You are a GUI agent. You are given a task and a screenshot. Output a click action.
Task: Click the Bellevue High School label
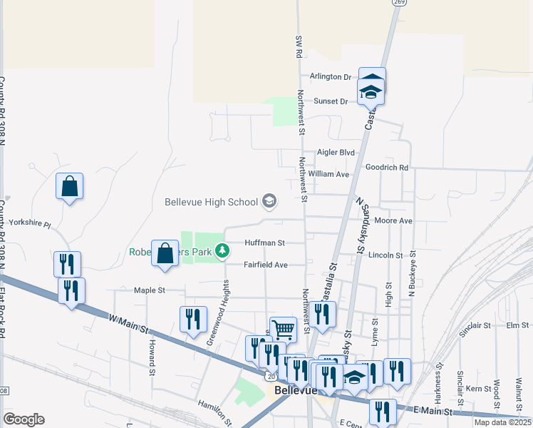pyautogui.click(x=211, y=202)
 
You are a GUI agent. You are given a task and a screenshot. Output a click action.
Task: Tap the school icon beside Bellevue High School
pyautogui.click(x=269, y=202)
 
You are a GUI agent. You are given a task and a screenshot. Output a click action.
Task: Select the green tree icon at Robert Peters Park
pyautogui.click(x=223, y=251)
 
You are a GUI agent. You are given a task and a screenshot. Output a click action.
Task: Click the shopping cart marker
pyautogui.click(x=283, y=329)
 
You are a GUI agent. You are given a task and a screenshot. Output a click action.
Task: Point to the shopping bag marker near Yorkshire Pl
pyautogui.click(x=69, y=187)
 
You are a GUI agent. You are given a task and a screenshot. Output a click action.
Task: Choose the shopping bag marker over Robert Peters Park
pyautogui.click(x=165, y=253)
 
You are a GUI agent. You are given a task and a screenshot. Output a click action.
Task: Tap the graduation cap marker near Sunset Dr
pyautogui.click(x=371, y=91)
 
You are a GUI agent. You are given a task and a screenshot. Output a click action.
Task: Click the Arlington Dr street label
pyautogui.click(x=331, y=77)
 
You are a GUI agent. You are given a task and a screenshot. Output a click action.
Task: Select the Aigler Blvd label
pyautogui.click(x=336, y=153)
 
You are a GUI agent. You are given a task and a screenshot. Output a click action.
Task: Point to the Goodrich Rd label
pyautogui.click(x=386, y=168)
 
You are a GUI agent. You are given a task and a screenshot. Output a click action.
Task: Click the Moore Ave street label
pyautogui.click(x=393, y=221)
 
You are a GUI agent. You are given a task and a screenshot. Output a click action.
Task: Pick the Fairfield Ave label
pyautogui.click(x=266, y=265)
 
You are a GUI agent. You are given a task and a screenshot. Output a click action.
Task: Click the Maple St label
pyautogui.click(x=150, y=290)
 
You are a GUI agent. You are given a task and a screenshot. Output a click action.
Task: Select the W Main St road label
pyautogui.click(x=129, y=324)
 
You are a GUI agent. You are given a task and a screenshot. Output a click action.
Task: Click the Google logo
pyautogui.click(x=24, y=419)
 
